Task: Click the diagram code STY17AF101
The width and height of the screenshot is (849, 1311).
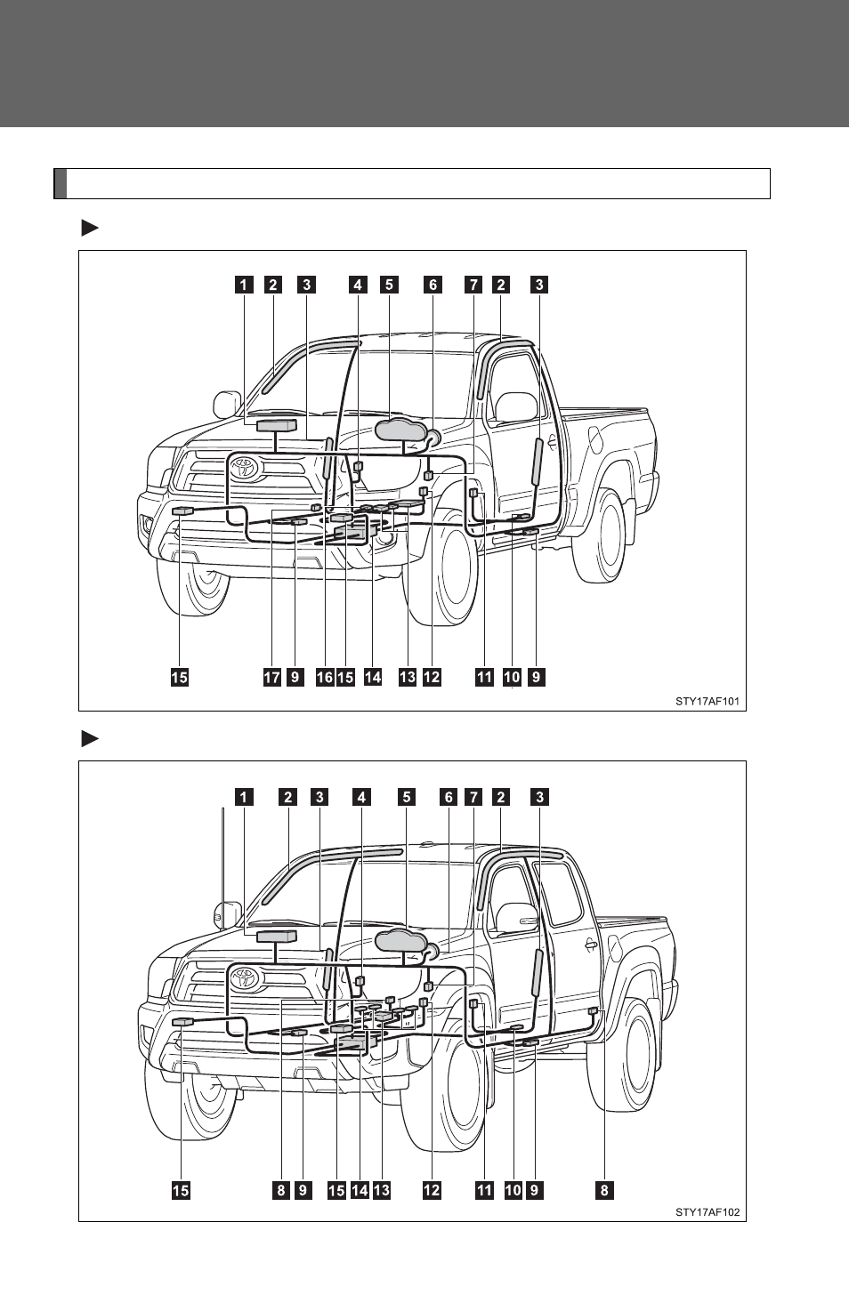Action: point(707,701)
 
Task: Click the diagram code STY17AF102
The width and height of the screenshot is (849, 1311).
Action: point(707,1212)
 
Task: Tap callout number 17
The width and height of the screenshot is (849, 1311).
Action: point(271,677)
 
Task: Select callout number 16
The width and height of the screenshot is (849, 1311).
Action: point(324,677)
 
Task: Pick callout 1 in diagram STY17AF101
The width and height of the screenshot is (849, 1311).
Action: point(244,285)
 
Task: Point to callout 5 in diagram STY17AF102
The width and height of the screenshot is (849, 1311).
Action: point(406,797)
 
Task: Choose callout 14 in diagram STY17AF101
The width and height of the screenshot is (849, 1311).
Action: point(372,677)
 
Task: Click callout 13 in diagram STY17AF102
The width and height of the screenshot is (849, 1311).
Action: point(381,1190)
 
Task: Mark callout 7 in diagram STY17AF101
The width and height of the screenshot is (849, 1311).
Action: point(473,285)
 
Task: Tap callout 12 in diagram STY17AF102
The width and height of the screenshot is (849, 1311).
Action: point(432,1190)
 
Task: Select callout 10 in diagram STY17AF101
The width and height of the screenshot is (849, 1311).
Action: point(512,677)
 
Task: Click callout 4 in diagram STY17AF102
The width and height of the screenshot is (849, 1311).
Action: point(361,797)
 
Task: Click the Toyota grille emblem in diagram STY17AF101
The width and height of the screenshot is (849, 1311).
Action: point(244,468)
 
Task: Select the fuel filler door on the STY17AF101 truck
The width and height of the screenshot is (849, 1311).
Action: point(596,440)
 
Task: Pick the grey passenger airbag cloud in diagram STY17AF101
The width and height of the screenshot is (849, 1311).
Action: point(400,430)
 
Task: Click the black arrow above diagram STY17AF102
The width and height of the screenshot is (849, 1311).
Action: point(90,739)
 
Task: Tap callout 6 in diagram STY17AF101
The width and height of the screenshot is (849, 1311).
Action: point(433,285)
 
